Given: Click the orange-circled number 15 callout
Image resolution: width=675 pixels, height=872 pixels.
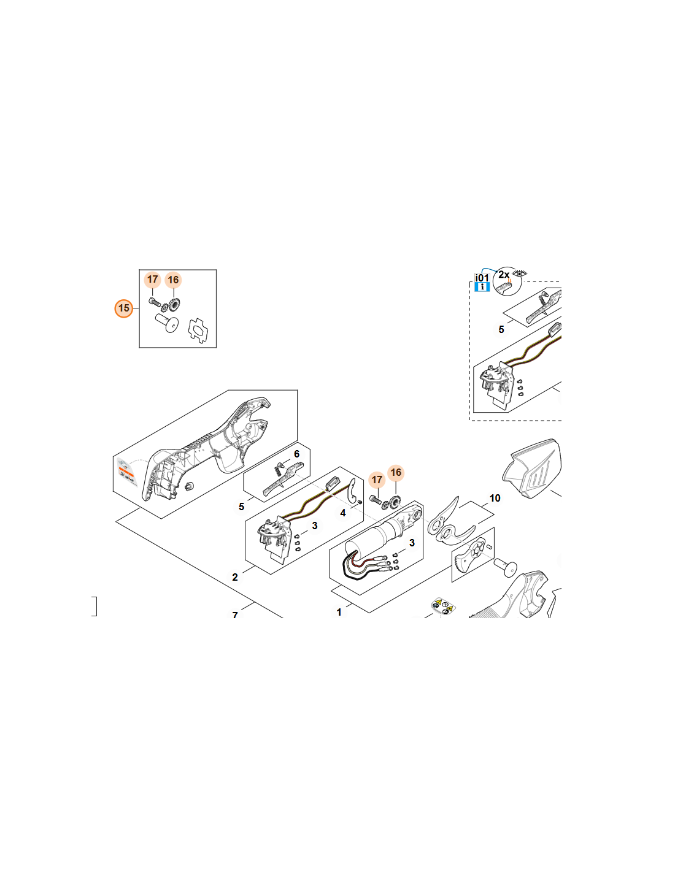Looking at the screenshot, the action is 124,308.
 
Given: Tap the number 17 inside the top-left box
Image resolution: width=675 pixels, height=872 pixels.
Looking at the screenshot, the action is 153,279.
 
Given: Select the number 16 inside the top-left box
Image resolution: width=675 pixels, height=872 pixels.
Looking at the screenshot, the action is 173,280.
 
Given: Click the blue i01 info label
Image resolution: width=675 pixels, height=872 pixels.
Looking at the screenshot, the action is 482,282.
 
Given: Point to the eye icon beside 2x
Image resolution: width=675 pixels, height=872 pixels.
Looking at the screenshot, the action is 520,273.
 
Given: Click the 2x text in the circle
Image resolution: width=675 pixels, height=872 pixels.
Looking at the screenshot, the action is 504,275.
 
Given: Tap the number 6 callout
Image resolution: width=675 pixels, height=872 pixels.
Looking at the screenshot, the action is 296,454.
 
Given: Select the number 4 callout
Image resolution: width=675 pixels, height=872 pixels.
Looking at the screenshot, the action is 342,513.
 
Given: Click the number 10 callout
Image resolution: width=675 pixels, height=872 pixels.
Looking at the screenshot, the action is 495,498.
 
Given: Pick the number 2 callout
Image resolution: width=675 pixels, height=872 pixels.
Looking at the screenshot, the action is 235,577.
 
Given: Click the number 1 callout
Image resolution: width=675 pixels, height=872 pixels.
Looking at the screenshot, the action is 339,612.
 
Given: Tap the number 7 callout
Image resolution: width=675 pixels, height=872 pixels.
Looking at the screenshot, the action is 235,614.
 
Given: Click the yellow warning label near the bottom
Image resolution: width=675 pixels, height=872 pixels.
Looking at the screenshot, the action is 443,606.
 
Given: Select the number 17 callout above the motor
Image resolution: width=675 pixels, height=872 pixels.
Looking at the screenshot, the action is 377,480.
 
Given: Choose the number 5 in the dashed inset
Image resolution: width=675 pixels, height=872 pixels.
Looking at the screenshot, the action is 501,329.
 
